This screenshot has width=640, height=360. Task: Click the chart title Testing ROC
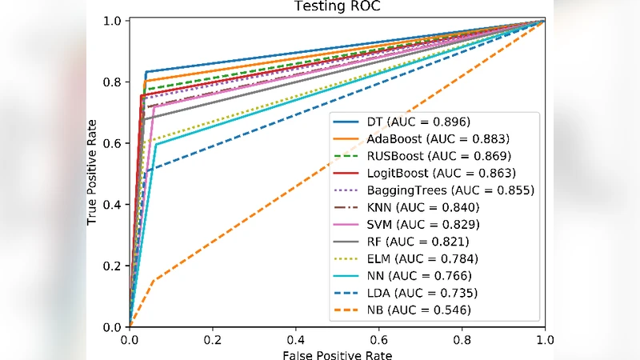pos(337,7)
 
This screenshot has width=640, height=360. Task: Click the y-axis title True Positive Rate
pos(94,174)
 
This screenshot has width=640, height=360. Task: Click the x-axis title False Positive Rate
pos(337,354)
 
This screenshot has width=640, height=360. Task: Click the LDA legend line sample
pos(350,293)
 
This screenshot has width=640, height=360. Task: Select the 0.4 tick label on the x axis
pos(295,338)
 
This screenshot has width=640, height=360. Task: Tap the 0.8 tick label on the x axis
pos(462,338)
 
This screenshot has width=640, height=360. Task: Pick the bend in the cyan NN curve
pos(156,144)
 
